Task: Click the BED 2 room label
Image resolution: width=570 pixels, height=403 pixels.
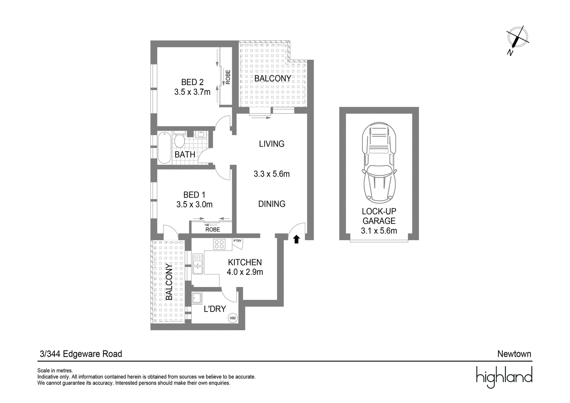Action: tap(192, 82)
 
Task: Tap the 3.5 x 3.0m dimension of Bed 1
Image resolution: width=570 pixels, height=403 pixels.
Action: tap(195, 204)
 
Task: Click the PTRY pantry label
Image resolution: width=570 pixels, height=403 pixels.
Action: tap(237, 241)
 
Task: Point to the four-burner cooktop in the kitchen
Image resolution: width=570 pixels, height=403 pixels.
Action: tap(219, 244)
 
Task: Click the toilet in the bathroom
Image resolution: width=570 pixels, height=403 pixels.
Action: tap(180, 139)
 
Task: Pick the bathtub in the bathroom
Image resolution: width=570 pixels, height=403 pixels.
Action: tap(164, 148)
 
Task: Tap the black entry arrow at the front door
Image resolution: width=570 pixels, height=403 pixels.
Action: tap(296, 239)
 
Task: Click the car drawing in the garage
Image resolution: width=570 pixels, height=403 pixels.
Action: tap(379, 163)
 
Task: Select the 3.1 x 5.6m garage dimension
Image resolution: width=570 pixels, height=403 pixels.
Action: tap(379, 231)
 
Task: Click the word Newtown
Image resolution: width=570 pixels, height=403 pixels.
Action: tap(514, 354)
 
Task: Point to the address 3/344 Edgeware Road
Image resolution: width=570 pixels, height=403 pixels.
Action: tap(81, 354)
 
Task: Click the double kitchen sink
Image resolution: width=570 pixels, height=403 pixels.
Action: tap(198, 264)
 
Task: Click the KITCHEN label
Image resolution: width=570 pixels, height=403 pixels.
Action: tap(245, 262)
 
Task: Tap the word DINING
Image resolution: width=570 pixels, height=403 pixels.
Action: tap(272, 204)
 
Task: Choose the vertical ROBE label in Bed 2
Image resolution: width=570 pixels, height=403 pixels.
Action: tap(228, 77)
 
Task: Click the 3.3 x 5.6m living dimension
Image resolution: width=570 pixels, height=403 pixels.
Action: tap(272, 174)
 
